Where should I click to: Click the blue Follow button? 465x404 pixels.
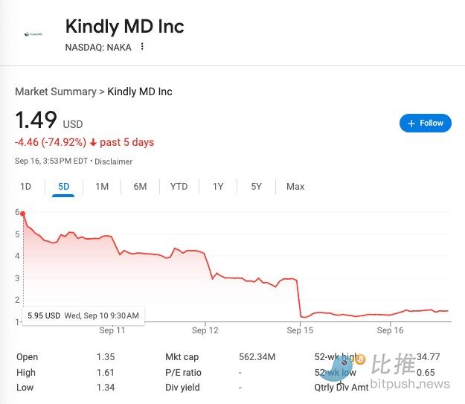point(425,123)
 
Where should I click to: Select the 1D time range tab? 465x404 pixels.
point(25,187)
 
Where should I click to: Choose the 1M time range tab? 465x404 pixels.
point(102,187)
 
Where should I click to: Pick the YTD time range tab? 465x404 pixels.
point(179,187)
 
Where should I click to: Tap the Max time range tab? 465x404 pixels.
point(295,187)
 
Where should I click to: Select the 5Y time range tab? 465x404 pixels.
point(256,187)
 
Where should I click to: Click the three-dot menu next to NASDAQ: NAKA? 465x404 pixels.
point(142,47)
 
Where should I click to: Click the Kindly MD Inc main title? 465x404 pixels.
point(124,27)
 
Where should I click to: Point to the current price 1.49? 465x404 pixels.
point(36,121)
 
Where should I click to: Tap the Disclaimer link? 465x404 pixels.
point(114,161)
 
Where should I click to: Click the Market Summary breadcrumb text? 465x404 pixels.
point(55,92)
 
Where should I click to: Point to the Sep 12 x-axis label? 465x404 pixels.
point(205,330)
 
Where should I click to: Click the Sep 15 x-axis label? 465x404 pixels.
point(300,330)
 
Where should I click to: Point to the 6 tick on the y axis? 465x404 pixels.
point(17,212)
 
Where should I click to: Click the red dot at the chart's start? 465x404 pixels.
point(23,214)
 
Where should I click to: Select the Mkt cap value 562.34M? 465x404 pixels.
point(257,357)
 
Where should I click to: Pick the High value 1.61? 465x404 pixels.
point(105,372)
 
